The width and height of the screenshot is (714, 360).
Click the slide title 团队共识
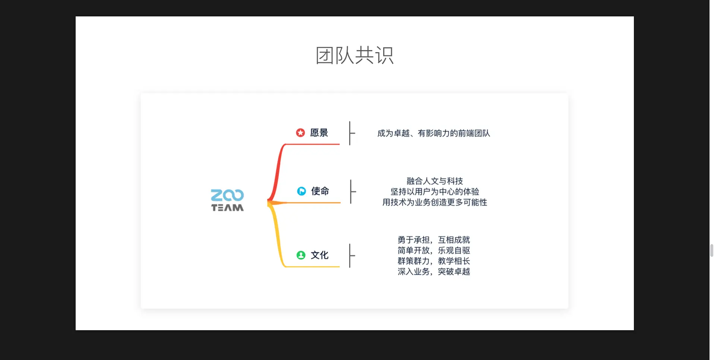tap(354, 56)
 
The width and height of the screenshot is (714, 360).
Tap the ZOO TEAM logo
tap(227, 200)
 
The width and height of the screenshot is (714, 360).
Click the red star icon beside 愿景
tap(300, 133)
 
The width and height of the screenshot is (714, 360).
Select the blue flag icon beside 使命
tap(301, 191)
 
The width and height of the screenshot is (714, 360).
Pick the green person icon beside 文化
tap(301, 255)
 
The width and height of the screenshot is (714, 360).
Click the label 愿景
tap(319, 133)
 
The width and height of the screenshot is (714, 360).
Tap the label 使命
tap(320, 191)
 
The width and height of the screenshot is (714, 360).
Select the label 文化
tap(320, 255)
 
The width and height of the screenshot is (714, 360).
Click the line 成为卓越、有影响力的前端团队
tap(433, 133)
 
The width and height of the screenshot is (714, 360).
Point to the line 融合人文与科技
tap(435, 181)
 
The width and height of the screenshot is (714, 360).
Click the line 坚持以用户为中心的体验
tap(435, 192)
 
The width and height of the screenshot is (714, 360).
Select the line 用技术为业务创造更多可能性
tap(435, 202)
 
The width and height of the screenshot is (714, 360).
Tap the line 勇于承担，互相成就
tap(434, 240)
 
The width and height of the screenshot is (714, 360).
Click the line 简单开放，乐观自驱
tap(434, 250)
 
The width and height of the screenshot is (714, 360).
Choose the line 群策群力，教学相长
tap(434, 261)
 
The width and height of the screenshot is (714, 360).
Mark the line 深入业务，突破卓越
tap(434, 272)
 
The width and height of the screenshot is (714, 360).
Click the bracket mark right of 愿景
tap(351, 133)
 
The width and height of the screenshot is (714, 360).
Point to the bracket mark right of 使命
tap(352, 192)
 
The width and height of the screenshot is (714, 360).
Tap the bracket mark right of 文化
tap(351, 256)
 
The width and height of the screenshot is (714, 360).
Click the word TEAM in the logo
tap(227, 208)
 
